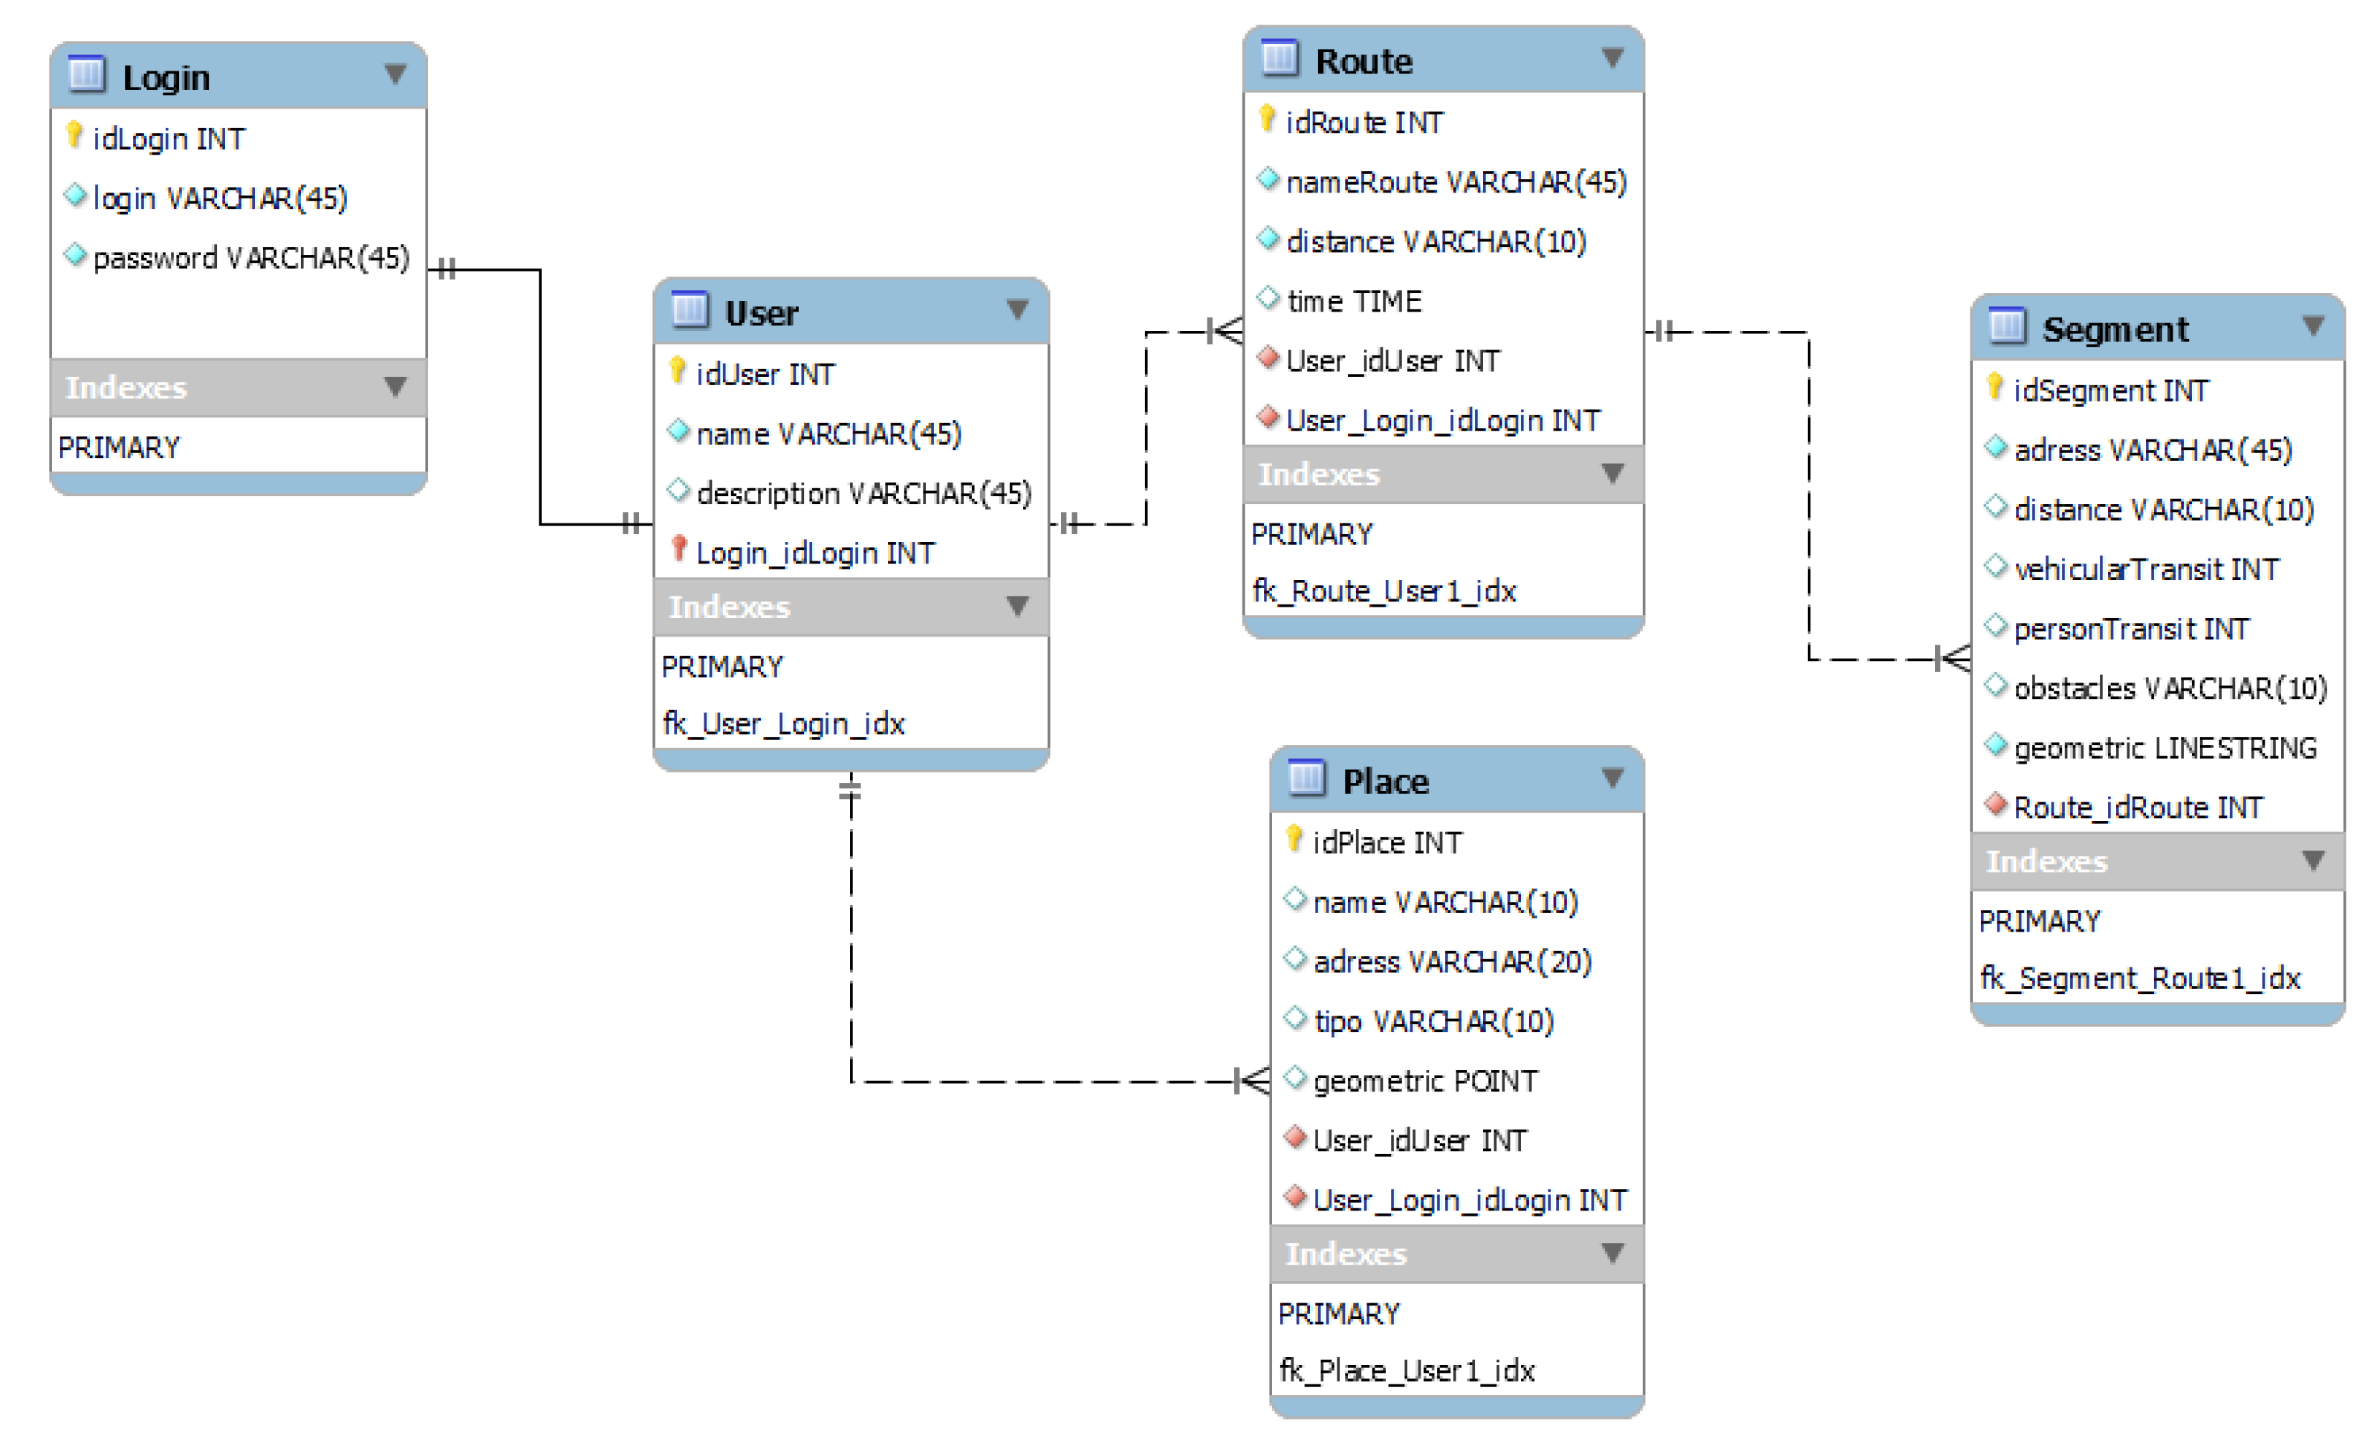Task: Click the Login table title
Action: coord(166,77)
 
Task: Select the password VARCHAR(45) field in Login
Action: coord(250,257)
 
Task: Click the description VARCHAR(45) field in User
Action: coord(863,494)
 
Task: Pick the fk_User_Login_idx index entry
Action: coord(783,723)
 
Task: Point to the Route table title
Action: coord(1363,62)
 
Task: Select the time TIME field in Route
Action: coord(1354,302)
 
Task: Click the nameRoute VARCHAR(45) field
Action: coord(1456,182)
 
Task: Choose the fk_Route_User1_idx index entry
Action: coord(1384,591)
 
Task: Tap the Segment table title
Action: coord(2115,329)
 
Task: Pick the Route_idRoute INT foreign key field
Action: coord(2137,807)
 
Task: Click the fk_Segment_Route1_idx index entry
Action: coord(2139,978)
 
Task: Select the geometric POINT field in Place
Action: coord(1425,1081)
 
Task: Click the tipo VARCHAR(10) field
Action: coord(1433,1022)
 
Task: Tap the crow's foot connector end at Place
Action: coord(1254,1081)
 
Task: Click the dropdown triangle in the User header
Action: coord(1017,309)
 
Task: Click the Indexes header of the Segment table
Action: coord(2046,862)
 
